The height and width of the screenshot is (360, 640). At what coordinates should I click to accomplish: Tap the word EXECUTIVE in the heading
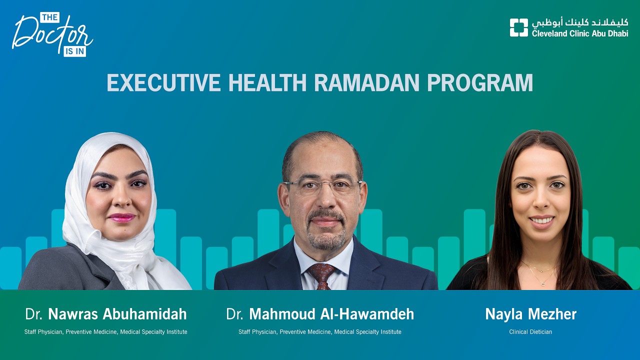163,83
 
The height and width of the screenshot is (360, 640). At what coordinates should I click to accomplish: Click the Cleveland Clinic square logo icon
518,27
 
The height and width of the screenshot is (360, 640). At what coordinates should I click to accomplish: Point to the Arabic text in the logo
579,22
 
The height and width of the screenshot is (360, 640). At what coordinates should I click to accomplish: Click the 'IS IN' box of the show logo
74,51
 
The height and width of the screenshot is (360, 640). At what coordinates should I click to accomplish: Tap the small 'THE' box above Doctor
49,17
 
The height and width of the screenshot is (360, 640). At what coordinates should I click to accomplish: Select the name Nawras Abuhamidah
117,314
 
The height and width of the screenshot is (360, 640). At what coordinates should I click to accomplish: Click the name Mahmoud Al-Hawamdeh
331,314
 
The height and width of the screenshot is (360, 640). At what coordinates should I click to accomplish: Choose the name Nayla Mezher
530,314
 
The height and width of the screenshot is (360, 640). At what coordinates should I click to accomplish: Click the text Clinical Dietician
530,332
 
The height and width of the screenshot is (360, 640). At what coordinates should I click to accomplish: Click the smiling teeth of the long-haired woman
541,220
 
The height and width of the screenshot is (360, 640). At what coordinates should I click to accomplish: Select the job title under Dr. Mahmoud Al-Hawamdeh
319,332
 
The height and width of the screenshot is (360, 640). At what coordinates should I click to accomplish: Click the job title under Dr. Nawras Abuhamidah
105,332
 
